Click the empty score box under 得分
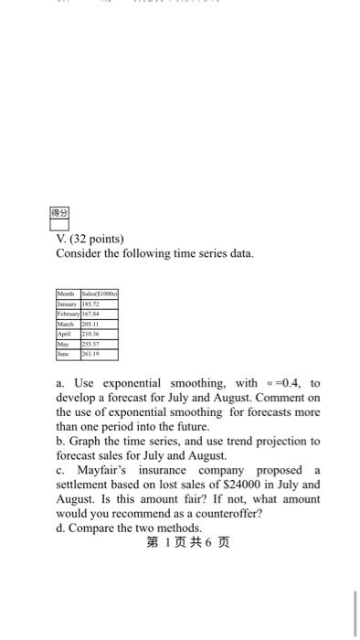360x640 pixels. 59,224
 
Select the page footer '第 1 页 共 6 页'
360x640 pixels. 187,543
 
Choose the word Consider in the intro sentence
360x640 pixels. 82,252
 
